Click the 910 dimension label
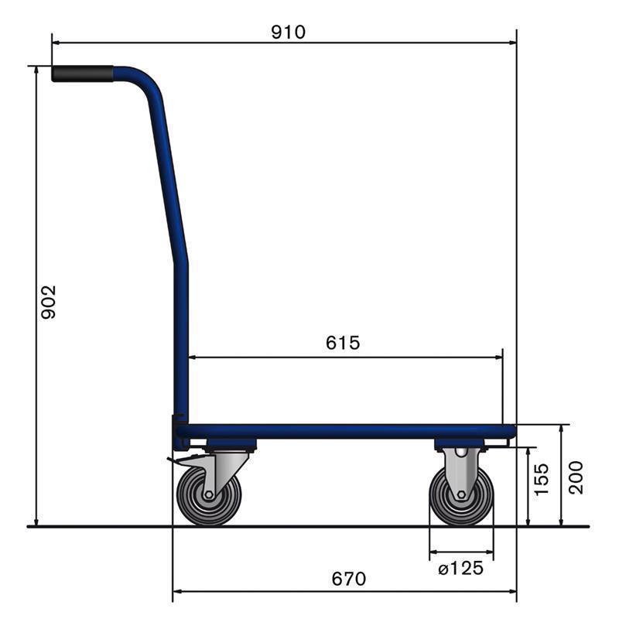(x=288, y=32)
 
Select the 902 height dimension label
(x=49, y=302)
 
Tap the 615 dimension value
(x=343, y=343)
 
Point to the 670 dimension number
(x=349, y=579)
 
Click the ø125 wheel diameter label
(x=460, y=569)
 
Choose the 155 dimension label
(x=541, y=479)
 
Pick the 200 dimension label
(x=576, y=477)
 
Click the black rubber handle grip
(x=83, y=74)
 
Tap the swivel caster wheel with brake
(x=209, y=494)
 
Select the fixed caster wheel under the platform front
(x=461, y=495)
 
